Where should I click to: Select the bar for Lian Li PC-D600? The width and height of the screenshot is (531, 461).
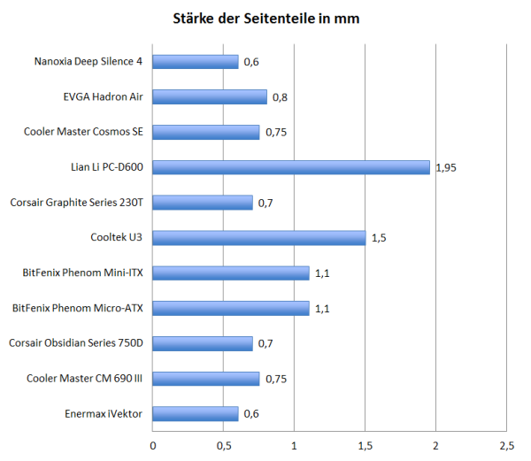point(291,167)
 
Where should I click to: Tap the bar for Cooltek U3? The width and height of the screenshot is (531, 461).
point(259,238)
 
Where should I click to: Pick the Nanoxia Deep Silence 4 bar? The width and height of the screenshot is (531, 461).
point(196,62)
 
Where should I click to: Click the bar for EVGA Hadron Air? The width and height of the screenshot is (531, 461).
point(210,96)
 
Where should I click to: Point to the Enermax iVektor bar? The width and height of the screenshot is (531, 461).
point(196,414)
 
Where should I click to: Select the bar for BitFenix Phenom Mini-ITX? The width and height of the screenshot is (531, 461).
point(231,273)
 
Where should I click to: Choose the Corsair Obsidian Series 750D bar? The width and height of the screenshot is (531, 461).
point(203,343)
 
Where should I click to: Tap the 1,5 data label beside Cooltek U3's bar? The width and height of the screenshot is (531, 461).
point(378,238)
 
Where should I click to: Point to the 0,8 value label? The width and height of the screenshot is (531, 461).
point(279,96)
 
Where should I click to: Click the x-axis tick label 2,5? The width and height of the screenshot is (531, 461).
point(506,444)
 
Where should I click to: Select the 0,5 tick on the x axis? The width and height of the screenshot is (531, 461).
point(224,444)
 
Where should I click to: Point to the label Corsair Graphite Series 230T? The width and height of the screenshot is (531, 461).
point(76,203)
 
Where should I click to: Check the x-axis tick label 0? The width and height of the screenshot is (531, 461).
point(153,444)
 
